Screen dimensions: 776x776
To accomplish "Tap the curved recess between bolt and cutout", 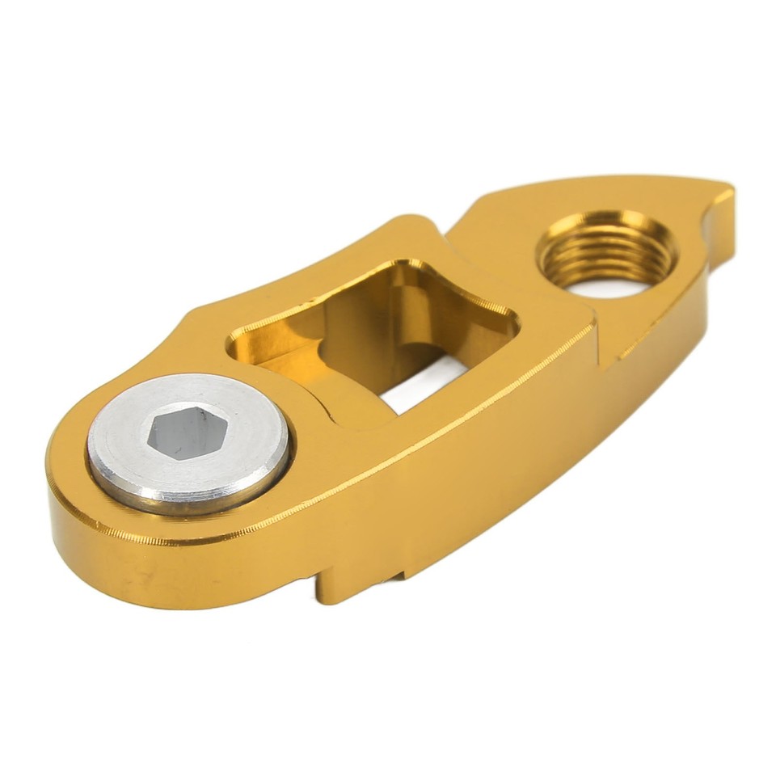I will [319, 404].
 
